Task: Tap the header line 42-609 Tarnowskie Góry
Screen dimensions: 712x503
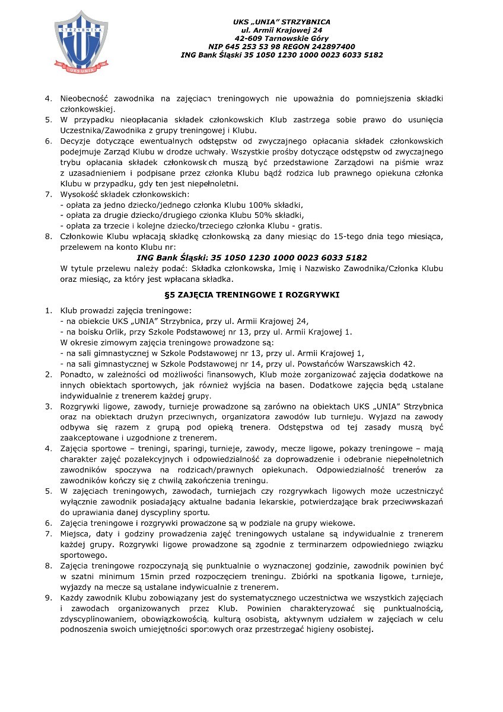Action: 282,37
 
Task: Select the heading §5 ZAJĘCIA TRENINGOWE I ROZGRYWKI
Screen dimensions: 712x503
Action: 251,294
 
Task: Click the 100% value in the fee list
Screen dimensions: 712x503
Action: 251,204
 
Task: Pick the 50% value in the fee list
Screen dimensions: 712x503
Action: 256,215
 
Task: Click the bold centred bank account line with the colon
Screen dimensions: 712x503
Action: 251,258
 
